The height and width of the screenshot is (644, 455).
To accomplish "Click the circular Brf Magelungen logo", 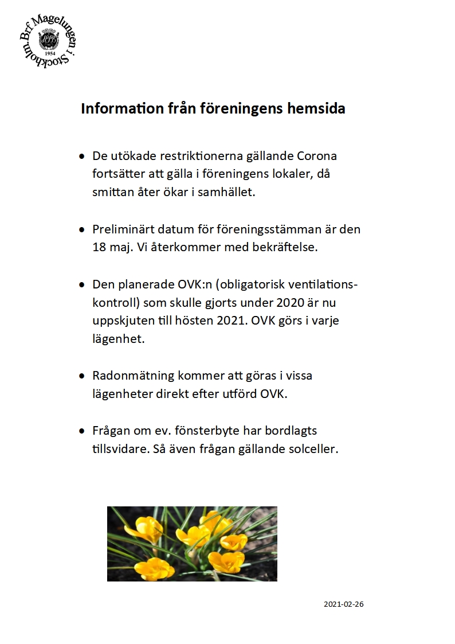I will pos(48,41).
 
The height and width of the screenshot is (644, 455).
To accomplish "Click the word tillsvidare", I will pos(121,448).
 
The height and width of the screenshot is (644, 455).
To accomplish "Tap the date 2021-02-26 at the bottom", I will pos(344,604).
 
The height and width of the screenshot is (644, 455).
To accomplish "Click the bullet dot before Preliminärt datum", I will pos(82,229).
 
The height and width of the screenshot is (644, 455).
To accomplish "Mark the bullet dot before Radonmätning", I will pos(82,376).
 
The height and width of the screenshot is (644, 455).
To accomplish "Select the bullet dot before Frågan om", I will pos(82,431).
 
